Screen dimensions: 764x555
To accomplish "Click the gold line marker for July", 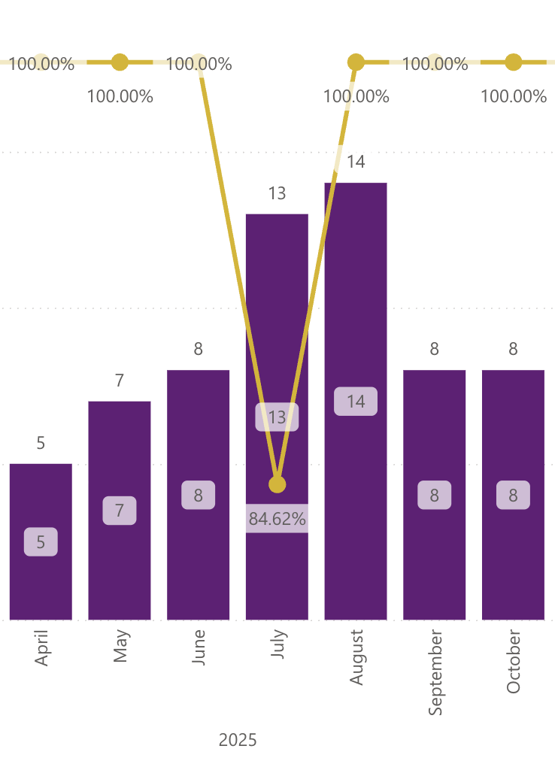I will (x=277, y=484).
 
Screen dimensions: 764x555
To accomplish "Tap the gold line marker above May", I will (x=120, y=62).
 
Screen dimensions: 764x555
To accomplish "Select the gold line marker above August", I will (x=356, y=62).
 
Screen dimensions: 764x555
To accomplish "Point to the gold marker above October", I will (x=513, y=62).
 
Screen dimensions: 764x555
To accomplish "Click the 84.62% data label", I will (x=277, y=519).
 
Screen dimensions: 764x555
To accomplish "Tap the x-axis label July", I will (x=277, y=644).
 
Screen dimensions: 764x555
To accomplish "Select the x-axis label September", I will (x=435, y=672).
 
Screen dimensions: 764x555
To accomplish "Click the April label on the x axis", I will (x=41, y=647).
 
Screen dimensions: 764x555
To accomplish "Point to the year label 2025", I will (x=238, y=740).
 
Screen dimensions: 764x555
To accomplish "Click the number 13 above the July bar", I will (x=277, y=194).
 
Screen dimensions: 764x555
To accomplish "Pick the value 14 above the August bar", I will (x=356, y=162).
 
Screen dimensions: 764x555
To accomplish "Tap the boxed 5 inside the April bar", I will (x=41, y=541).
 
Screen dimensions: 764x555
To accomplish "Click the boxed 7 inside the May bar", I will (x=120, y=511).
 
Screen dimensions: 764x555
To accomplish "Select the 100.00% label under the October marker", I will (x=514, y=96).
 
